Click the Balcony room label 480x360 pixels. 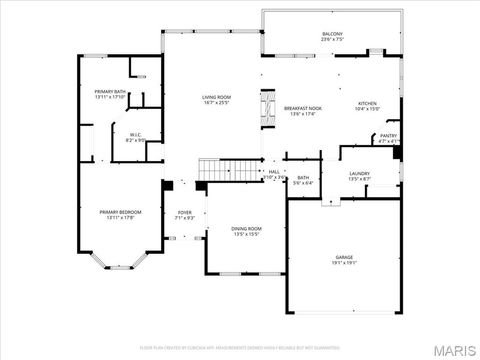pos(332,34)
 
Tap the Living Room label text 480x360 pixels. pos(216,96)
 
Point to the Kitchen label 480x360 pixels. pos(368,103)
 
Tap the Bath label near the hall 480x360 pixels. pos(303,179)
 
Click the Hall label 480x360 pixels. pos(274,172)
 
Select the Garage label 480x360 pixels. pos(344,257)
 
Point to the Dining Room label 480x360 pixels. pos(246,229)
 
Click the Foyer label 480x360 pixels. pos(185,212)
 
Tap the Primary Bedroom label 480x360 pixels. pos(120,212)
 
